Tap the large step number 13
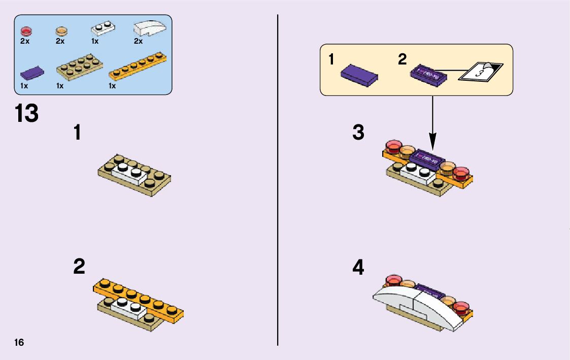pyautogui.click(x=26, y=113)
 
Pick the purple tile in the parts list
pyautogui.click(x=32, y=74)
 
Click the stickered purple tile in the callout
pyautogui.click(x=428, y=75)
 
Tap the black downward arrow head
pyautogui.click(x=432, y=139)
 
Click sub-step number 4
pyautogui.click(x=358, y=268)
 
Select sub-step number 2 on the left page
pyautogui.click(x=79, y=267)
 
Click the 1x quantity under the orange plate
pyautogui.click(x=112, y=86)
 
